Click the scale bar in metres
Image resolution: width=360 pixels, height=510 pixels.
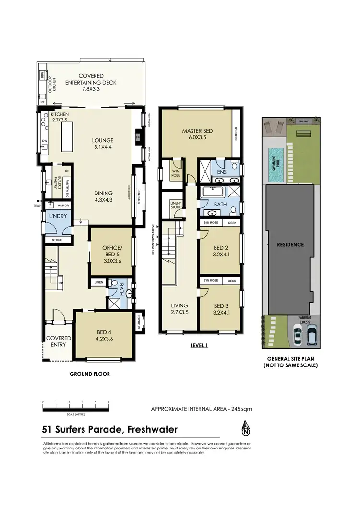(76, 409)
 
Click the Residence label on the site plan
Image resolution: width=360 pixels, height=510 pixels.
(290, 244)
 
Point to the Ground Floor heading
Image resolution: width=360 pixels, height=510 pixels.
(90, 374)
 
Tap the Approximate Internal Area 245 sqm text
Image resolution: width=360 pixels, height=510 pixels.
(201, 409)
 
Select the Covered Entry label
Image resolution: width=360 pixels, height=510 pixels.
(58, 341)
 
